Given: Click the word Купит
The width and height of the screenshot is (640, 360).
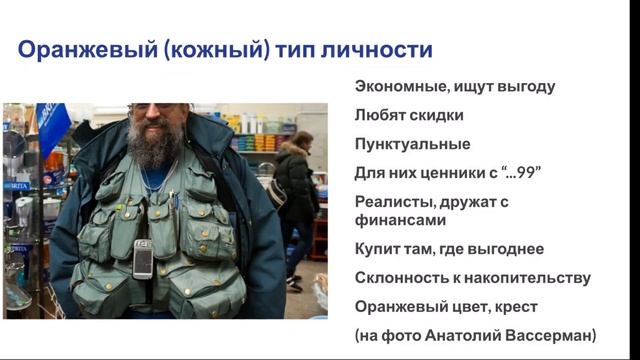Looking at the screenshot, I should click(376, 249).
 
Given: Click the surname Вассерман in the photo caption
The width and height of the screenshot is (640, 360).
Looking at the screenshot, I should click(549, 335).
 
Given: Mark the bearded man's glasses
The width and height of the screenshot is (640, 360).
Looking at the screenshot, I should click(150, 107).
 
